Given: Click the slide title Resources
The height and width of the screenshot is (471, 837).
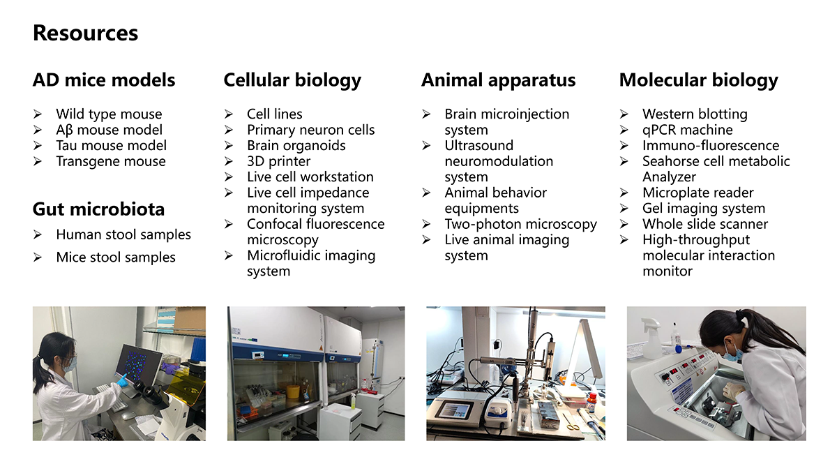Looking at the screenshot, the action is (86, 33).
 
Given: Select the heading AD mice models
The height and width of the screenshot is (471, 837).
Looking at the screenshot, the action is (104, 80).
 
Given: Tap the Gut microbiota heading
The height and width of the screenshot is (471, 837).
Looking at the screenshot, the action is (98, 209).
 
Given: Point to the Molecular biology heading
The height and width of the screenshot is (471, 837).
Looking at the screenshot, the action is (699, 80).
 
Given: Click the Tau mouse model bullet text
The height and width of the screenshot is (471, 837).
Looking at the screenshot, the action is (112, 145).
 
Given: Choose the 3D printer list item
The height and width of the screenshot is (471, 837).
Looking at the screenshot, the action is (278, 161).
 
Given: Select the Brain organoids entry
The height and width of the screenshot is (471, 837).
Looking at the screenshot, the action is (296, 145).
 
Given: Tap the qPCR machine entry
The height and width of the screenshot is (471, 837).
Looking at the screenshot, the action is (688, 130).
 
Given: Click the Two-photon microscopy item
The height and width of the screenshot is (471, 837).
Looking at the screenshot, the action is (520, 224).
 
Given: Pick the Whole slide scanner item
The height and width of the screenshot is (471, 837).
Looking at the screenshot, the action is (705, 224).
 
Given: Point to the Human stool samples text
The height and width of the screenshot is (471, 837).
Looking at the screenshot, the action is (123, 234).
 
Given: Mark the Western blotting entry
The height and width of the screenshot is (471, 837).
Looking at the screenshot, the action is (695, 114).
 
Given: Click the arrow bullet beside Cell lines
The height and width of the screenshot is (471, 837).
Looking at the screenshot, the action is (229, 114).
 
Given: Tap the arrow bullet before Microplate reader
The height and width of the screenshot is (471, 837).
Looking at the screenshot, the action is (624, 193).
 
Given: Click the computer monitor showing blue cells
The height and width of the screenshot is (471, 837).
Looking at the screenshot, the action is (139, 364).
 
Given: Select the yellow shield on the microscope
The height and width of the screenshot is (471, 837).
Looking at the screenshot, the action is (186, 387).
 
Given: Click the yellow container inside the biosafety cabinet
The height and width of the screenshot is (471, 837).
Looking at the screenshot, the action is (293, 391).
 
